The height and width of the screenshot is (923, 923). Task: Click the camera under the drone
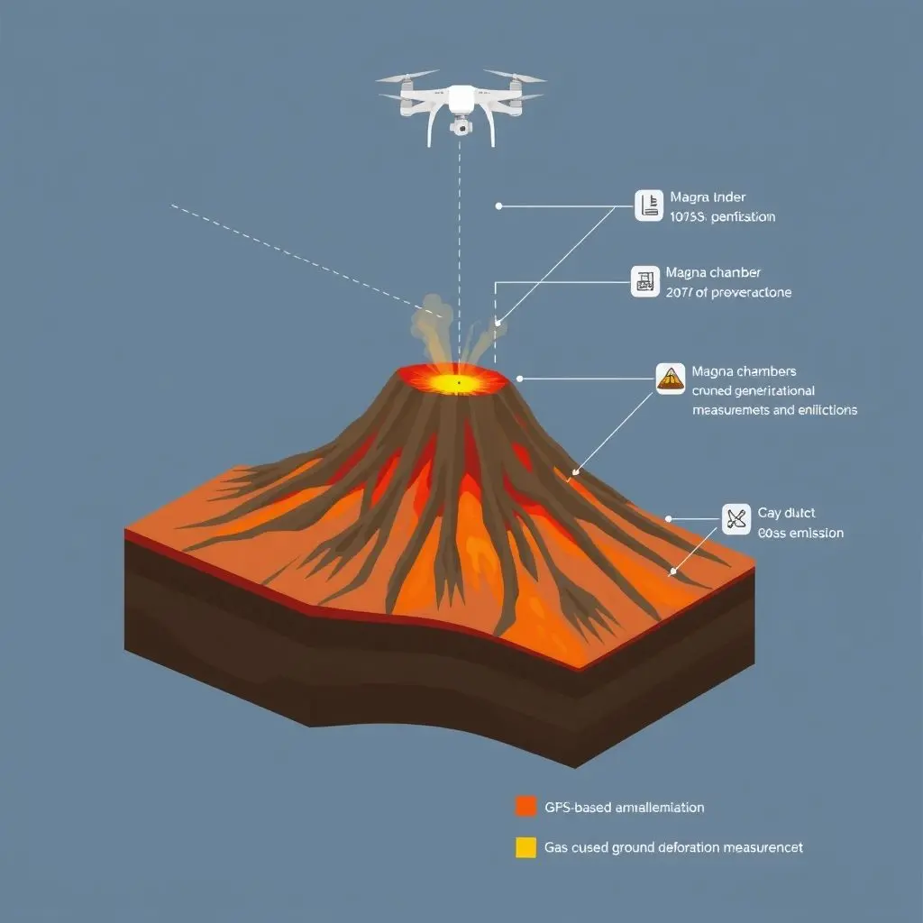pyautogui.click(x=461, y=127)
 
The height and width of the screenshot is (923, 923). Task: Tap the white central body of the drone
pyautogui.click(x=461, y=97)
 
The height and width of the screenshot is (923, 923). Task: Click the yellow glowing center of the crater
pyautogui.click(x=457, y=384)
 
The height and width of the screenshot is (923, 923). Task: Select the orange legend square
pyautogui.click(x=525, y=806)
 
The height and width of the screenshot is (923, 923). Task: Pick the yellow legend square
pyautogui.click(x=525, y=847)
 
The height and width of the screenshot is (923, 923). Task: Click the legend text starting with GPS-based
pyautogui.click(x=624, y=807)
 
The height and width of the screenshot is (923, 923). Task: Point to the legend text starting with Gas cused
pyautogui.click(x=673, y=847)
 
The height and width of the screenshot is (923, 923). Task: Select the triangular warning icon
pyautogui.click(x=670, y=378)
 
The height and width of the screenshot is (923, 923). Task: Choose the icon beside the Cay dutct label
pyautogui.click(x=736, y=518)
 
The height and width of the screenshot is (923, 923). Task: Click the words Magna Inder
pyautogui.click(x=708, y=197)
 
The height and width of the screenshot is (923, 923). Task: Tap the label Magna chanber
pyautogui.click(x=713, y=272)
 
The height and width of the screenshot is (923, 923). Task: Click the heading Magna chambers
pyautogui.click(x=744, y=371)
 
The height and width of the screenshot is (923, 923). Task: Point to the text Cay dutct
pyautogui.click(x=787, y=513)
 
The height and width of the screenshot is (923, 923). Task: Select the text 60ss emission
pyautogui.click(x=800, y=533)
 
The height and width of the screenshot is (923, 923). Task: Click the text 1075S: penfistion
pyautogui.click(x=722, y=216)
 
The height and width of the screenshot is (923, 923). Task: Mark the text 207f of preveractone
pyautogui.click(x=728, y=292)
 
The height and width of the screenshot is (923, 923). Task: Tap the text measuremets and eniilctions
pyautogui.click(x=774, y=409)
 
